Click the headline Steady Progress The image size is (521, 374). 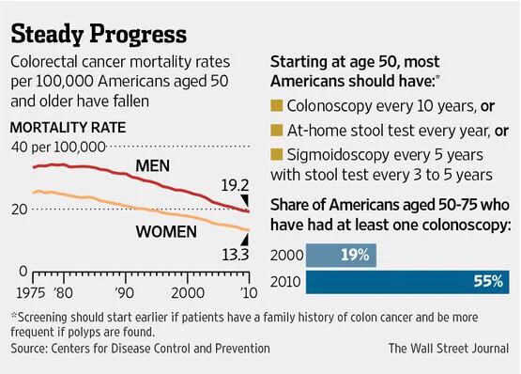99,34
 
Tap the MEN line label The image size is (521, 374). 152,165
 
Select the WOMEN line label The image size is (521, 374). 166,231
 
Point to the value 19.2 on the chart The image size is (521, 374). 235,185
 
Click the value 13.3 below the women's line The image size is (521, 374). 236,255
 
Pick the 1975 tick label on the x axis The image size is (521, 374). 31,293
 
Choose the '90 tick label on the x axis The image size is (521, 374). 125,293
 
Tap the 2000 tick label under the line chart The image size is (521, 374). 188,293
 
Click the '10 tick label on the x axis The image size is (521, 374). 248,293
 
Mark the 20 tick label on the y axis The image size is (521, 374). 20,210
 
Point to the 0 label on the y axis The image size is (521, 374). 23,272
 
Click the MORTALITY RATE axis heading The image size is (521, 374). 69,128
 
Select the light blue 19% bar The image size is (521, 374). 341,256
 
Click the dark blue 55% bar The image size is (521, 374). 407,282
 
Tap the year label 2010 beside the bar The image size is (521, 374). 285,282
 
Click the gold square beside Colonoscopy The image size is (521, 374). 276,105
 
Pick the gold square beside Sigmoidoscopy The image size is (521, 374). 276,154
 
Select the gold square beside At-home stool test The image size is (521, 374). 276,130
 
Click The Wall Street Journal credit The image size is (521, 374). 449,349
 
